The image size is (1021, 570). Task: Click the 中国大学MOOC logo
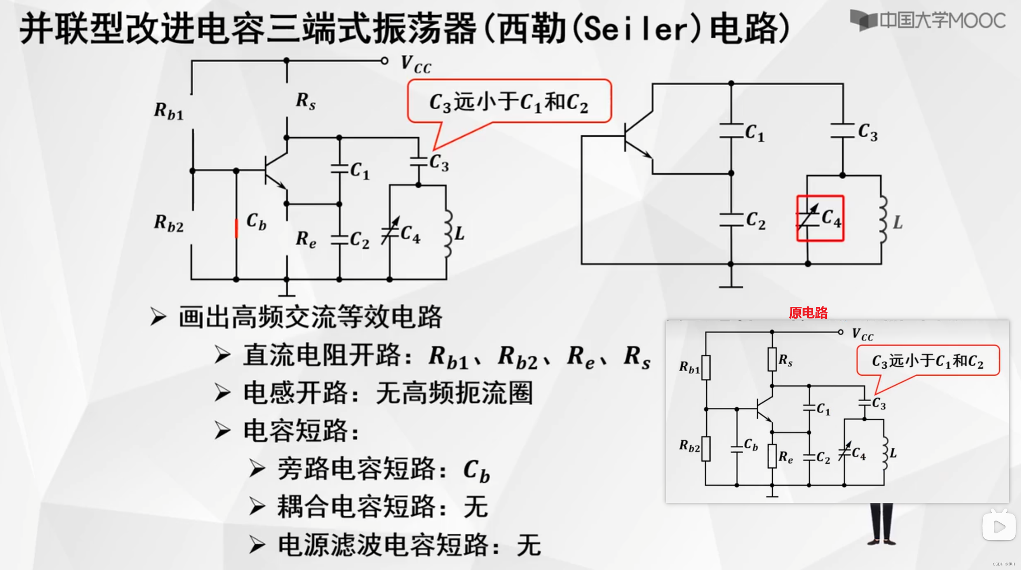point(927,20)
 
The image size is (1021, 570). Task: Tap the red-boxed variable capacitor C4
point(820,218)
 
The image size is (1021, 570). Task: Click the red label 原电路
point(808,313)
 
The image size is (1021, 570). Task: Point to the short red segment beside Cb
point(236,228)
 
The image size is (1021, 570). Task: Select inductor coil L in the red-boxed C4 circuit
point(883,220)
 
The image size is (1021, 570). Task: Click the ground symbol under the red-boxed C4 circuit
point(731,284)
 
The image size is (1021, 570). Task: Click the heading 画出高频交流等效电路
point(310,317)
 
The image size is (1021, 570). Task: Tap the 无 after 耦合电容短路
point(476,507)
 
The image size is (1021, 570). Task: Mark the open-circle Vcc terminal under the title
point(384,61)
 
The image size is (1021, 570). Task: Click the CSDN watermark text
point(1003,564)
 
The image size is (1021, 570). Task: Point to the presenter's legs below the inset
point(881,523)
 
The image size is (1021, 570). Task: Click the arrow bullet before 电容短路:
point(223,431)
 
